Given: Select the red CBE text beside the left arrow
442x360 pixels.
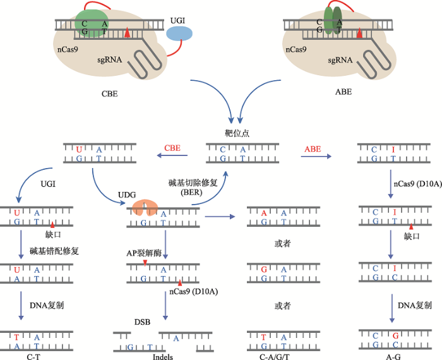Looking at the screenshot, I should point(172,148).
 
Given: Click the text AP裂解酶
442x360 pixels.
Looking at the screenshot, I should point(145,251).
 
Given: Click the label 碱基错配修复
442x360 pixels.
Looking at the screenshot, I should point(54,251).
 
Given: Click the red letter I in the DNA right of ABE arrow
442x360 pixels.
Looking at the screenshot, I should point(393,150).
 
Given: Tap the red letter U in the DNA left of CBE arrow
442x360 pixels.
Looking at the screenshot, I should point(79,150).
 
